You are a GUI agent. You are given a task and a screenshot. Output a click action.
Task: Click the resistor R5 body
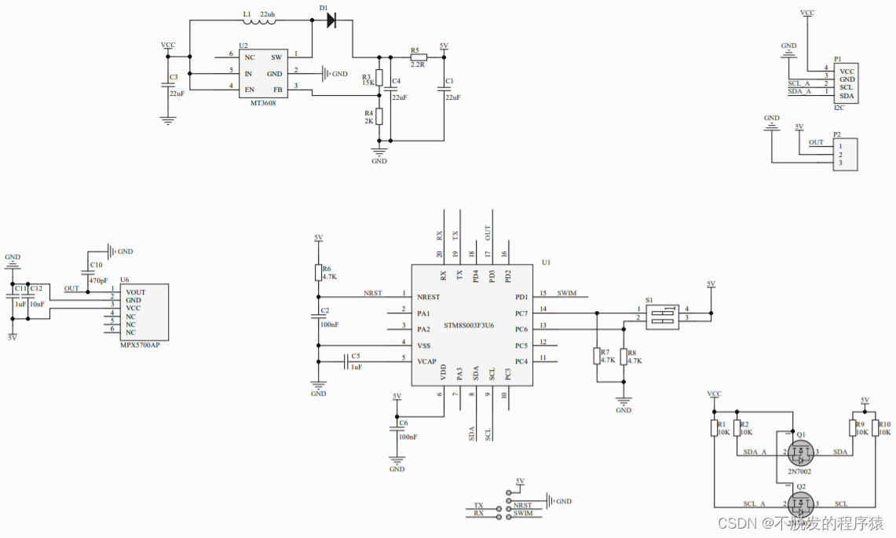point(418,57)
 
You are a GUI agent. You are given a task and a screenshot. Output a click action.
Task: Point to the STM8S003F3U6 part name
point(469,324)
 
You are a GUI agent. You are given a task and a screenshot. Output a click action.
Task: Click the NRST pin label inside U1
point(429,297)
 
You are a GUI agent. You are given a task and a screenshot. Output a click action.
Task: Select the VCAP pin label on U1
point(427,361)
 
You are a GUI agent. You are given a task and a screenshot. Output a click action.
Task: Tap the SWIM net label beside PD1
point(566,294)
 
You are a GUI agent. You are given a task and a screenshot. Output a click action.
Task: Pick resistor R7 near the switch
point(596,356)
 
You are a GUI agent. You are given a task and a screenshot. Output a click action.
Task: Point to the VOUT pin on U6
point(135,292)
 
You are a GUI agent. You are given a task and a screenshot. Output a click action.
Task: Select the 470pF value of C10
point(97,280)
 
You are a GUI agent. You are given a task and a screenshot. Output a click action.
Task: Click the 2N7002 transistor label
point(799,471)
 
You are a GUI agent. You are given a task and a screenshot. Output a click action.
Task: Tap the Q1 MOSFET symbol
point(801,452)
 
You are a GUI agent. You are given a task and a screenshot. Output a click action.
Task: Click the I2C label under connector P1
point(839,108)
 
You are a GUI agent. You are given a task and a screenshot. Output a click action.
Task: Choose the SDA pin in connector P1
point(847,96)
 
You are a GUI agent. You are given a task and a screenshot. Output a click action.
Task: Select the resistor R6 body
point(318,273)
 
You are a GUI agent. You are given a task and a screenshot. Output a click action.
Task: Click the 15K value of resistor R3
point(367,82)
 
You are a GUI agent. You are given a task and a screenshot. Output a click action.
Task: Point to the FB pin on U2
point(277,89)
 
